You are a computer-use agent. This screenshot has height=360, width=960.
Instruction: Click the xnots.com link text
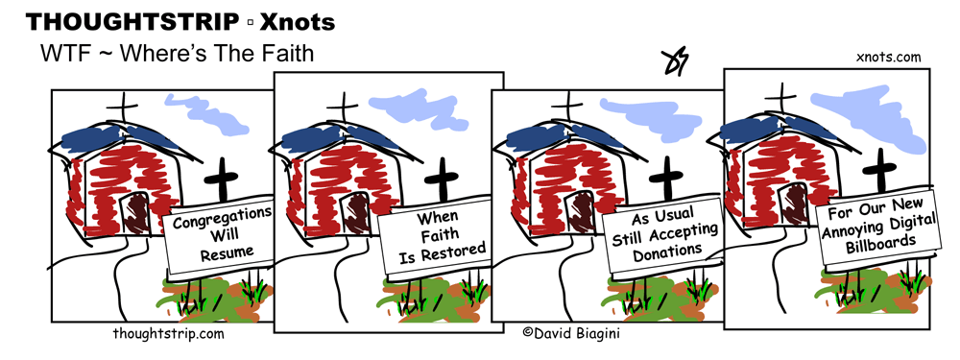[887, 58]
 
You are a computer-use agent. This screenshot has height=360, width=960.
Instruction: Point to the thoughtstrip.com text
[168, 335]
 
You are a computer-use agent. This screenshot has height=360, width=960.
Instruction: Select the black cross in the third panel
[664, 180]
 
